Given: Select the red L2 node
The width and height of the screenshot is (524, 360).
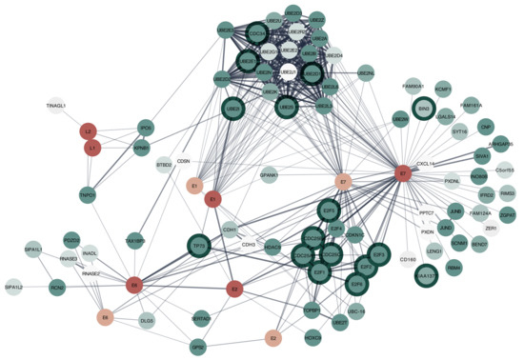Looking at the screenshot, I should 89,130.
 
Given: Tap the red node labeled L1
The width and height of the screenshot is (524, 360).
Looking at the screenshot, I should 93,149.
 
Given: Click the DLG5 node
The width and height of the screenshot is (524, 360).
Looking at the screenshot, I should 147,321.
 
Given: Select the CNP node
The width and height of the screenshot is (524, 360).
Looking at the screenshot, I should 486,127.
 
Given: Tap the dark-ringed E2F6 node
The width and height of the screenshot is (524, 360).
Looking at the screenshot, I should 357,283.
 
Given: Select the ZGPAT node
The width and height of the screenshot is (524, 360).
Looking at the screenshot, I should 507,216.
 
